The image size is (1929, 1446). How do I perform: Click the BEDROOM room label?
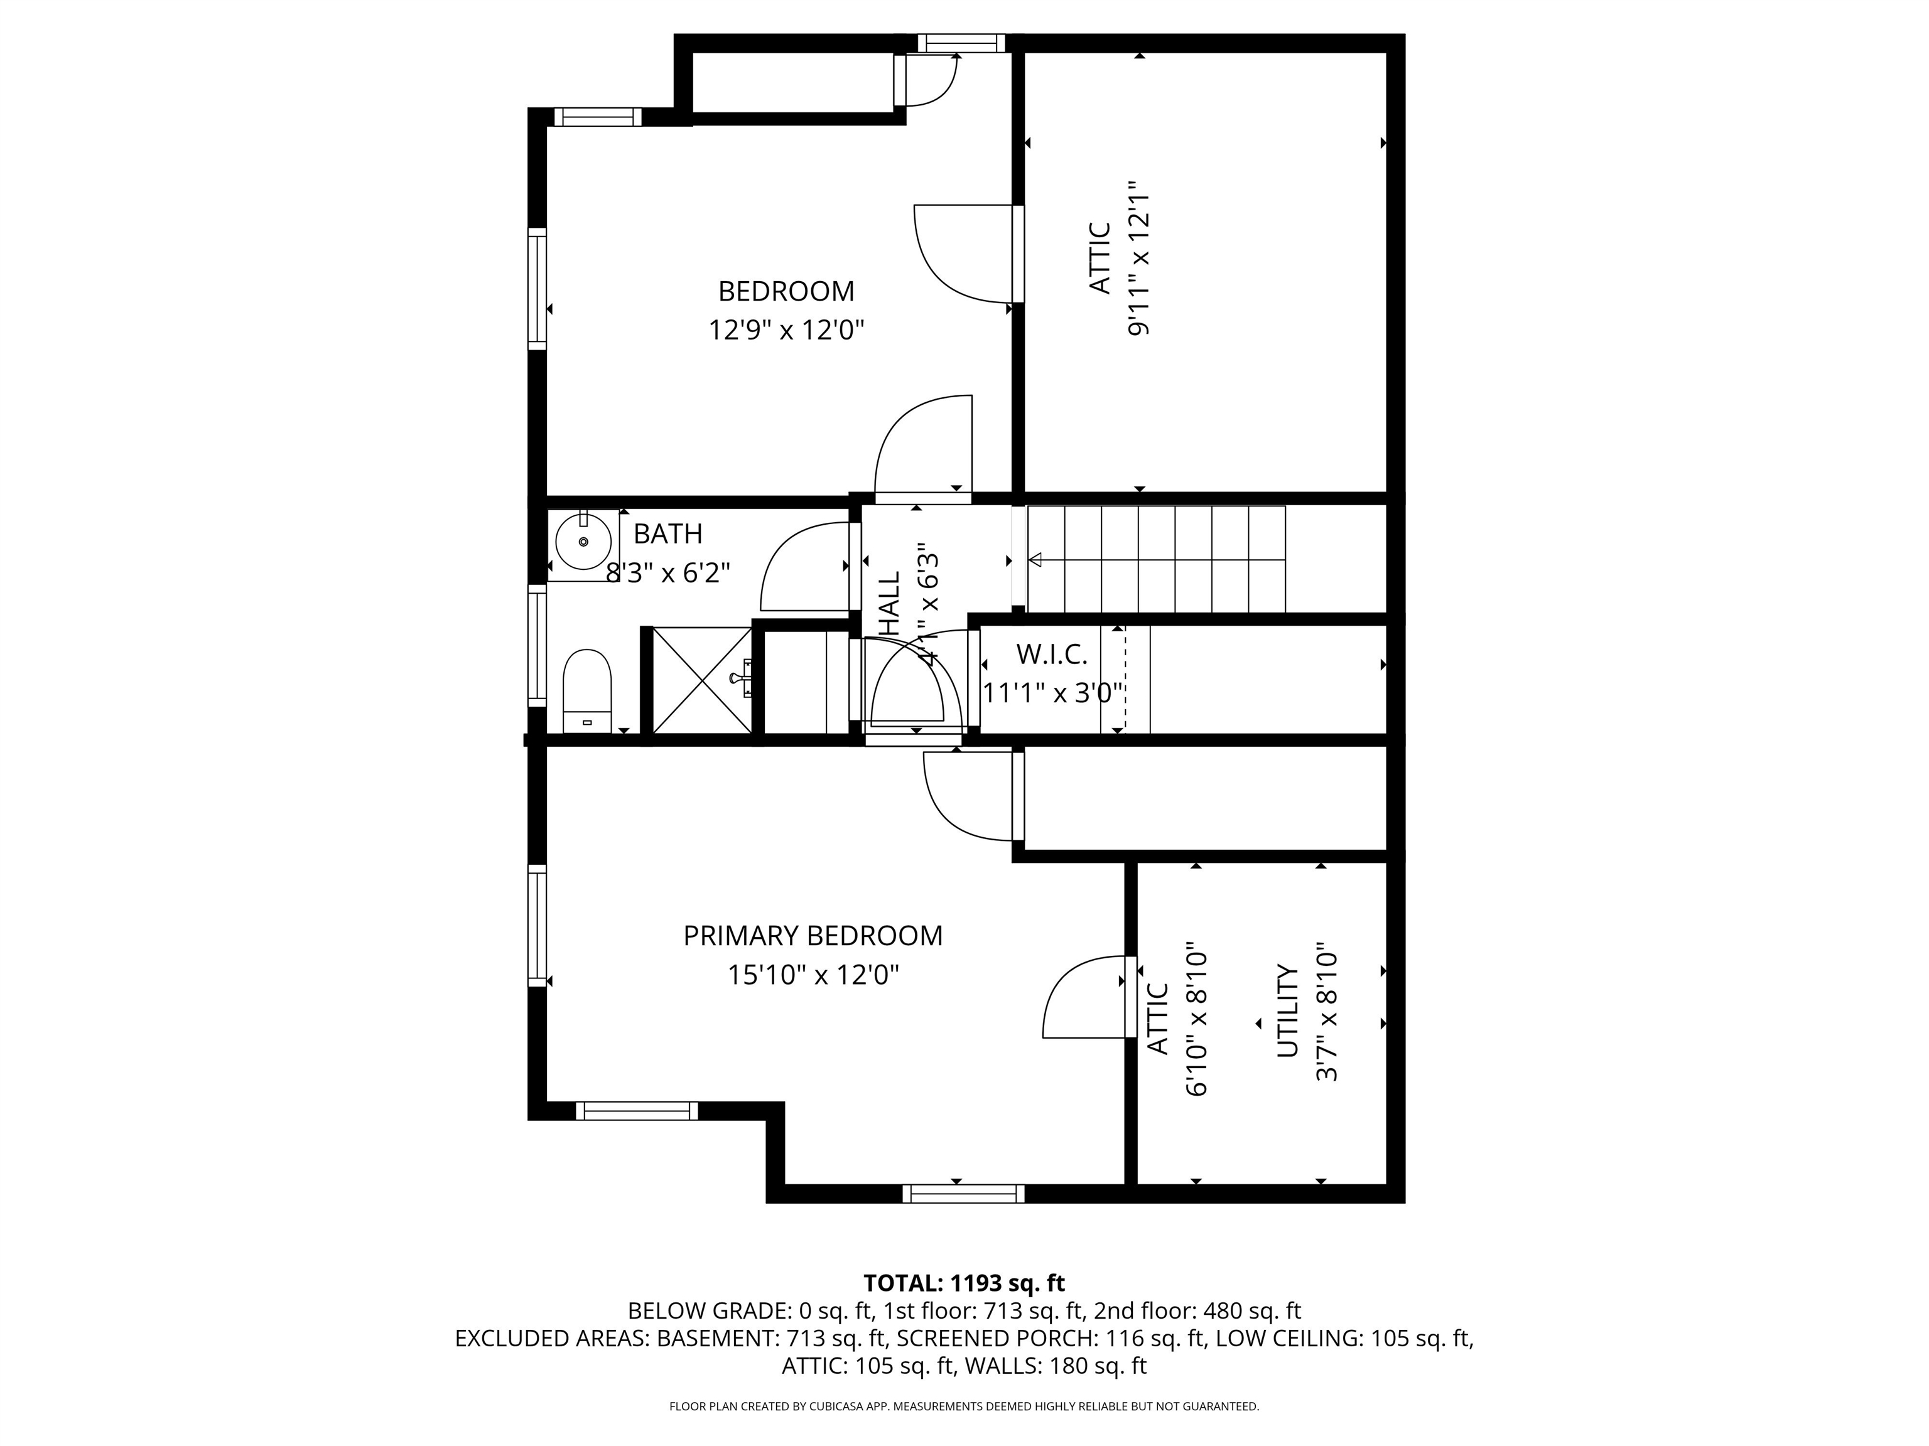[x=786, y=291]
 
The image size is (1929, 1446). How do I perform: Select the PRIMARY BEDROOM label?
[x=813, y=936]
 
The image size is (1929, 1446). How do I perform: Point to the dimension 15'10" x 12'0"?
[x=813, y=975]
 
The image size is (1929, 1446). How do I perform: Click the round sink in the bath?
[x=583, y=541]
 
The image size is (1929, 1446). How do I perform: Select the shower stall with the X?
[x=701, y=680]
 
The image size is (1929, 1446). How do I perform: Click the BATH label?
[x=667, y=533]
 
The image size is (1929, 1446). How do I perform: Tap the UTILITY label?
[x=1288, y=1011]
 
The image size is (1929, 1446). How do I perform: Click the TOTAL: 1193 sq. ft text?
[x=964, y=1283]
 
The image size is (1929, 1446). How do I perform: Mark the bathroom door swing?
[x=802, y=567]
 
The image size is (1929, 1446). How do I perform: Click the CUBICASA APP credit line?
[x=964, y=1406]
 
